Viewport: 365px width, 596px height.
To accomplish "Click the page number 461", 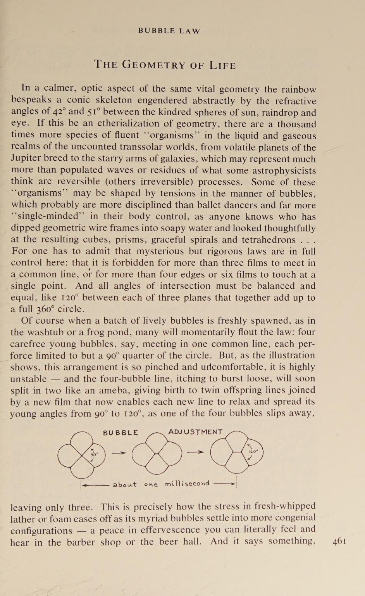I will click(339, 541).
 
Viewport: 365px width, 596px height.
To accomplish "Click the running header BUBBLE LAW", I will click(169, 31).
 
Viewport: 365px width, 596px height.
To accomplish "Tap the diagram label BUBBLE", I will click(121, 433).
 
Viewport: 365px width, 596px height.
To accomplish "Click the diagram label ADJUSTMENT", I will click(196, 432).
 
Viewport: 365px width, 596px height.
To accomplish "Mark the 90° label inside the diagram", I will click(95, 454).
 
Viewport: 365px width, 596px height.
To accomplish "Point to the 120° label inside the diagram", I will click(253, 452).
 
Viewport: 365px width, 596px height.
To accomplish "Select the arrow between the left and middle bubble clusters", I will click(119, 453).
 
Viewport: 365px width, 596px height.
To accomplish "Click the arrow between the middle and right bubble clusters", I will click(196, 452).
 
